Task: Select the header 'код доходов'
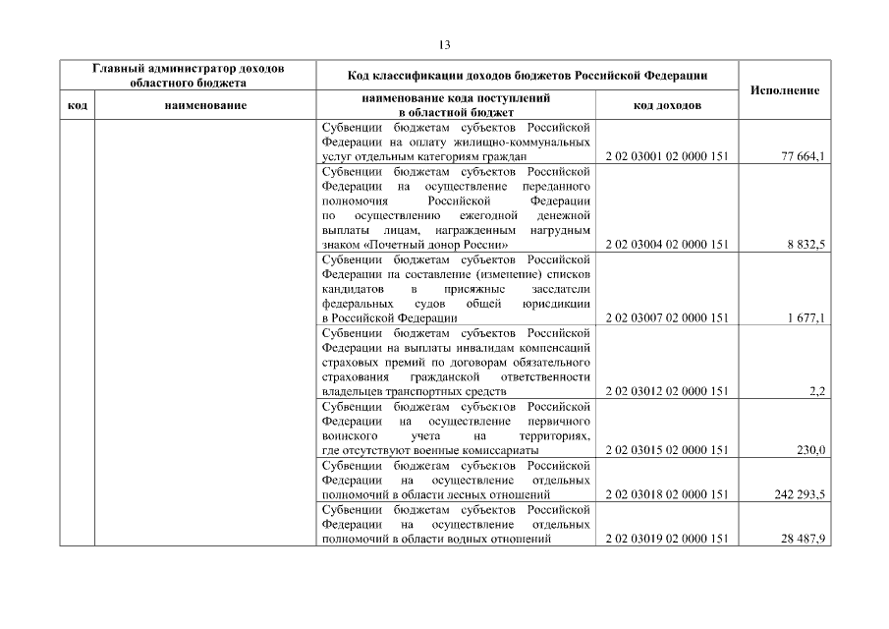click(667, 105)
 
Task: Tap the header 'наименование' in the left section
click(205, 105)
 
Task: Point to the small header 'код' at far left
click(78, 105)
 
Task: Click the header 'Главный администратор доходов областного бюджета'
click(188, 76)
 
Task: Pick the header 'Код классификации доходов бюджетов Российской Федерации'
click(528, 76)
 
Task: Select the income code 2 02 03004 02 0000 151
click(667, 245)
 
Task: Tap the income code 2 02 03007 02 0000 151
click(667, 318)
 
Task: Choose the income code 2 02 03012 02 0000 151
click(667, 391)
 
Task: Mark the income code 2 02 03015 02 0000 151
click(667, 450)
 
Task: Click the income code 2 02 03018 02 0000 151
click(667, 494)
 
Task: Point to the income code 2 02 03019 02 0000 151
click(667, 539)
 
